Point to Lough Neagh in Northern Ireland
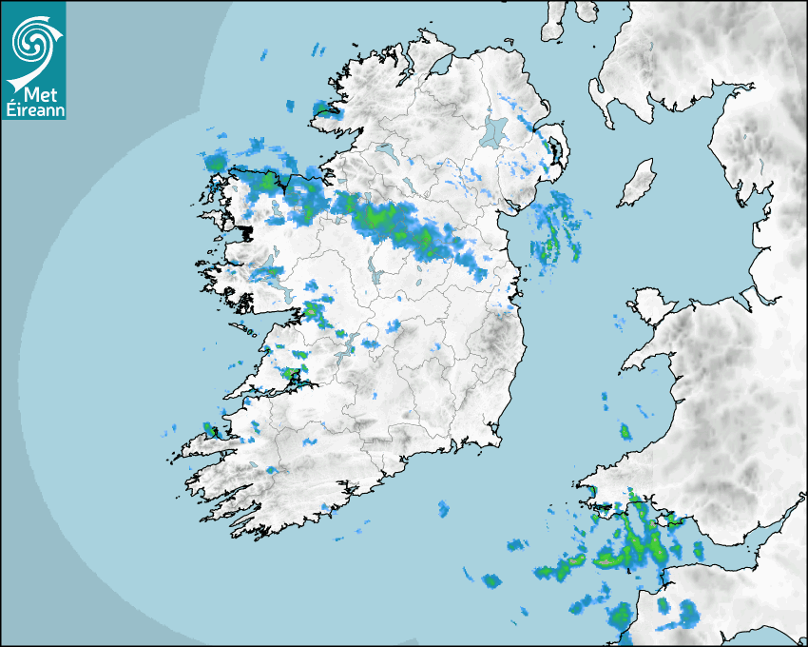[494, 130]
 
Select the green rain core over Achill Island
[216, 163]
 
